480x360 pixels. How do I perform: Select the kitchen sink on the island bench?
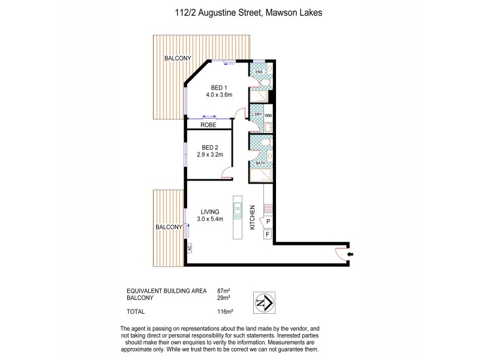(x=238, y=211)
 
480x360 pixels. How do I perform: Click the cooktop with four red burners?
(x=268, y=209)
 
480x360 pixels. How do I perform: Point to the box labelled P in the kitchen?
(x=268, y=222)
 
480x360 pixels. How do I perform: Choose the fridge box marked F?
(x=268, y=234)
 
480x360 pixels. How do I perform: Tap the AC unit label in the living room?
(x=188, y=247)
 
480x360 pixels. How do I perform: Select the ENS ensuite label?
(x=259, y=72)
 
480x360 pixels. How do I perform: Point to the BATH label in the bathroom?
(x=260, y=163)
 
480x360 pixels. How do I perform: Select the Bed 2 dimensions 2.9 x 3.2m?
(x=209, y=154)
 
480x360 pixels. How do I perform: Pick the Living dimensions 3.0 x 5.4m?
(x=210, y=219)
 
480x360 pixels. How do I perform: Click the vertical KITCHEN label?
(x=253, y=218)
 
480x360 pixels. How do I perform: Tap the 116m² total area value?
(x=225, y=311)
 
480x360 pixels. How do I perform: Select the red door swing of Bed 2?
(x=227, y=174)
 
